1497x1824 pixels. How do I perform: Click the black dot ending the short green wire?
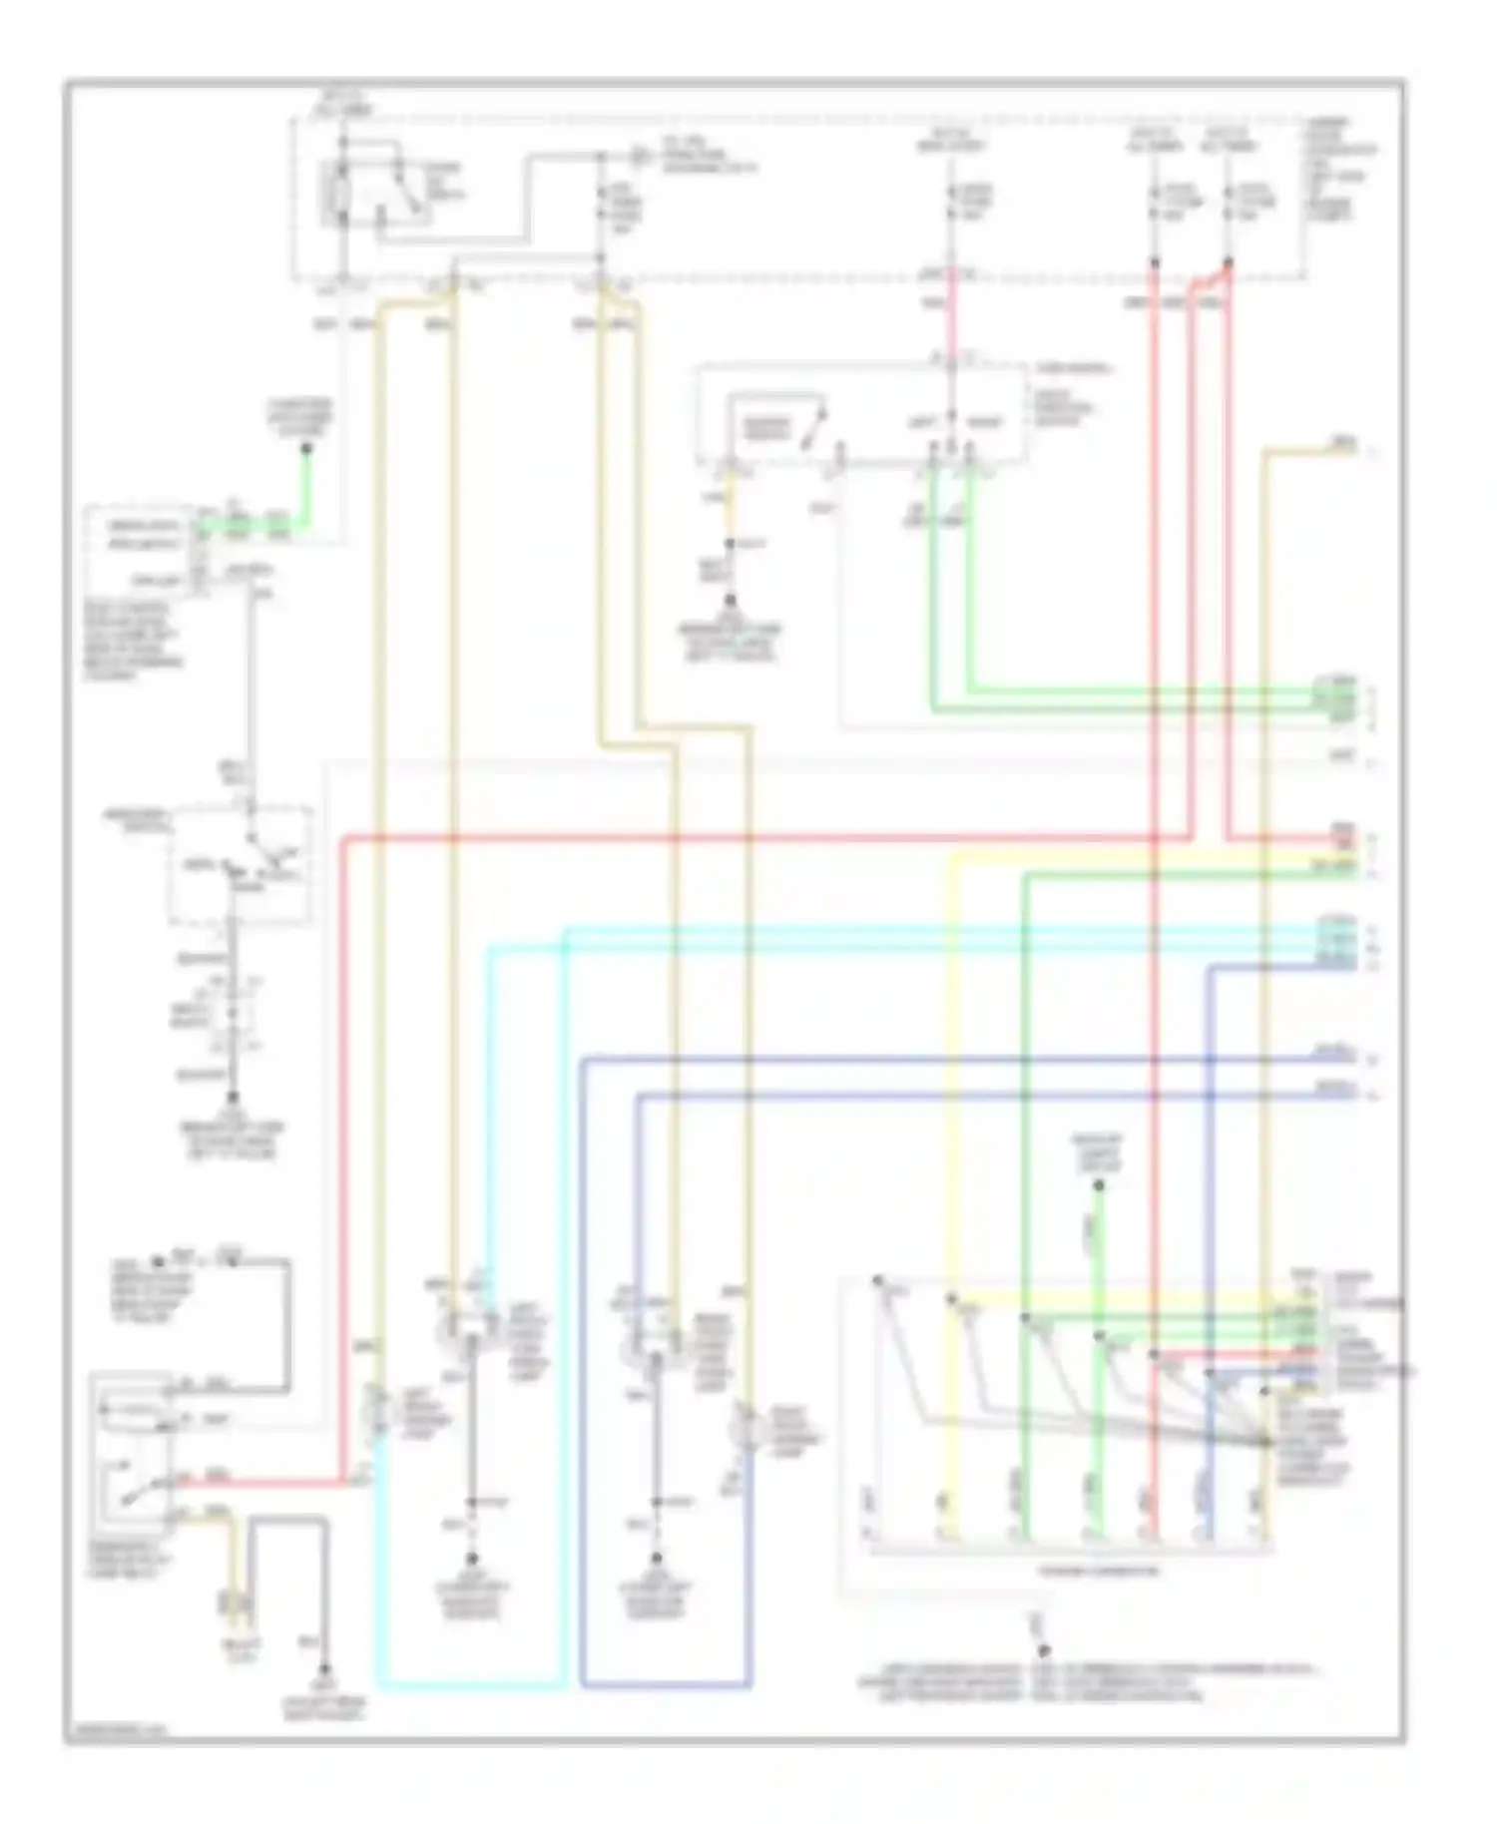(x=306, y=449)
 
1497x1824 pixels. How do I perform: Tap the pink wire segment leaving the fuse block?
(x=951, y=314)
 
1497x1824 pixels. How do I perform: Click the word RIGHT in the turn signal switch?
(x=985, y=423)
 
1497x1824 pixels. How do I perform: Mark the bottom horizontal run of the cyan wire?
(x=469, y=1685)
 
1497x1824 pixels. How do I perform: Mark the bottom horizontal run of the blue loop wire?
(x=664, y=1685)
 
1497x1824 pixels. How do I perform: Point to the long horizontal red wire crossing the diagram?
(x=758, y=839)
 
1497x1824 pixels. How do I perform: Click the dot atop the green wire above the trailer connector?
(x=1098, y=1185)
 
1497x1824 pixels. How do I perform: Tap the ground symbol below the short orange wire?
(x=730, y=601)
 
